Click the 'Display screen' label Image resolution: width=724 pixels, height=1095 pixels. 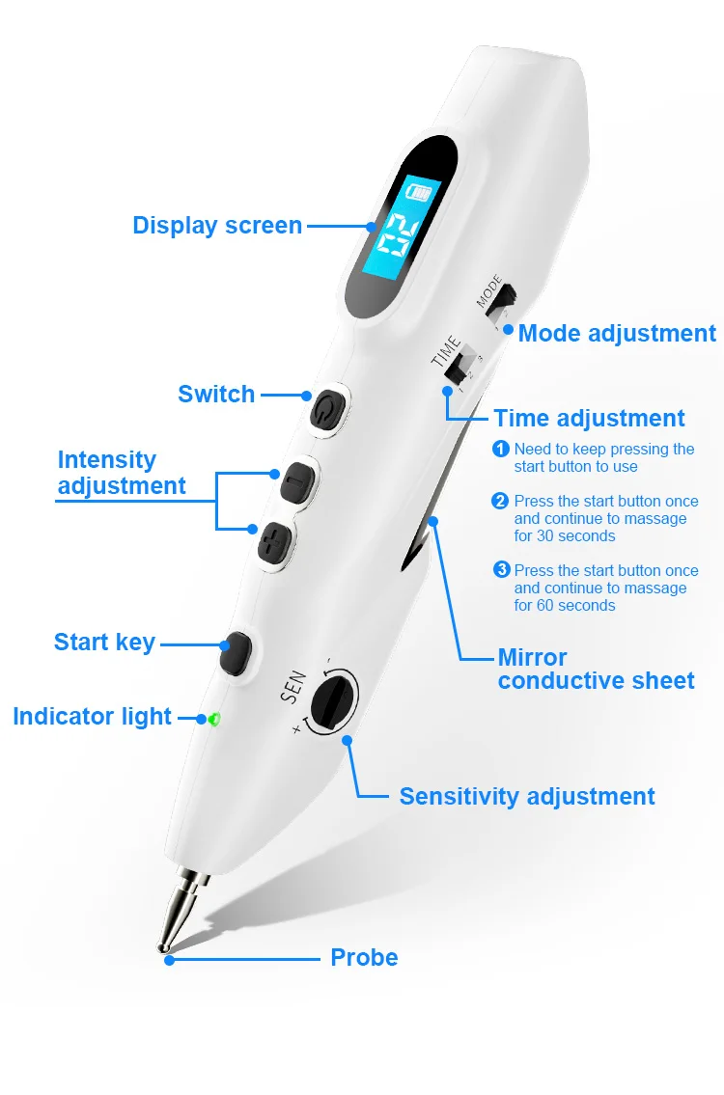(x=217, y=226)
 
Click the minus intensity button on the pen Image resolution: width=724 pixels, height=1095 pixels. (x=292, y=481)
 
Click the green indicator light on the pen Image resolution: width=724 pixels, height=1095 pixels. (x=213, y=719)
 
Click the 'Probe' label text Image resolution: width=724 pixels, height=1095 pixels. (x=364, y=958)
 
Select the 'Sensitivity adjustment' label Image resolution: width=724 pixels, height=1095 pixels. (x=527, y=797)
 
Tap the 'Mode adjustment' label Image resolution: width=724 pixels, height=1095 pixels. (x=617, y=334)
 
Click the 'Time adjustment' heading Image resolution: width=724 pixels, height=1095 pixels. (x=589, y=419)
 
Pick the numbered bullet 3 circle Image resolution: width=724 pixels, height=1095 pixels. (x=501, y=569)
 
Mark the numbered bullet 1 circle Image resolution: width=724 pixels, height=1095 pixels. (x=501, y=449)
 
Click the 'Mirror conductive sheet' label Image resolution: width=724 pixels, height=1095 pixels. (x=596, y=670)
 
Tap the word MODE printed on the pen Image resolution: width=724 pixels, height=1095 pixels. (x=489, y=292)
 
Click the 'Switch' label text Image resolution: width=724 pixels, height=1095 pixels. (x=216, y=395)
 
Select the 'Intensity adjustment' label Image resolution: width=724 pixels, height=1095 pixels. (x=121, y=473)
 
